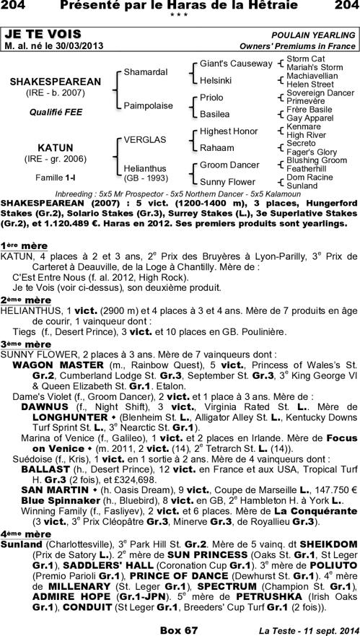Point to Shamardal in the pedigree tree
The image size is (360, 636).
(x=146, y=73)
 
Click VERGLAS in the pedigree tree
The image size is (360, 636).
(x=145, y=139)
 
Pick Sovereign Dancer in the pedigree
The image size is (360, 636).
(x=320, y=93)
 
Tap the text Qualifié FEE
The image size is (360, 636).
(x=54, y=112)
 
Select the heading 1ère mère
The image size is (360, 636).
(x=24, y=245)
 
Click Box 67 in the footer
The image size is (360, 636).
(x=179, y=630)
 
